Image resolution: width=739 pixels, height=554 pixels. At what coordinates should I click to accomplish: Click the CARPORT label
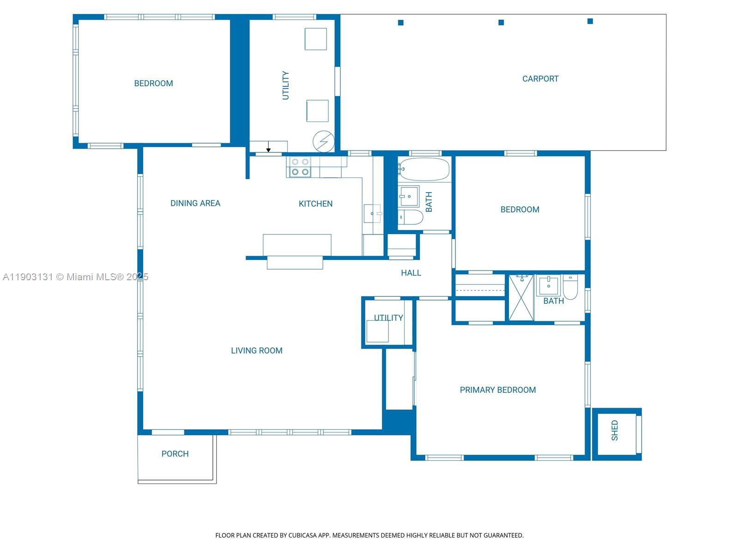click(x=540, y=79)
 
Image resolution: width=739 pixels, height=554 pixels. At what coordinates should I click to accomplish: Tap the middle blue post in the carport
click(x=501, y=22)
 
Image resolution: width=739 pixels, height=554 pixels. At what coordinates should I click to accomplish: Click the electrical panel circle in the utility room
click(x=323, y=141)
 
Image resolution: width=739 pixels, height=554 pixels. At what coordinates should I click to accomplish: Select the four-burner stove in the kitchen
click(x=300, y=167)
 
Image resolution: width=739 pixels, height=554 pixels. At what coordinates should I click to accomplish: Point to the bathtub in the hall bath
click(x=424, y=169)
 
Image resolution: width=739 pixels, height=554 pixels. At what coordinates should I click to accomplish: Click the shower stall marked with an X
click(x=521, y=298)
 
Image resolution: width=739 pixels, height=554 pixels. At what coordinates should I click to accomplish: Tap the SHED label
click(x=615, y=430)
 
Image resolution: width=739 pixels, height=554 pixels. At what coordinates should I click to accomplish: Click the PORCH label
click(x=175, y=454)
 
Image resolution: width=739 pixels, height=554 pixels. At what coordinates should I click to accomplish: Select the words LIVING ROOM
click(x=257, y=351)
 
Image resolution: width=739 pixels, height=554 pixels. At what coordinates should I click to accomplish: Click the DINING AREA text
click(x=195, y=204)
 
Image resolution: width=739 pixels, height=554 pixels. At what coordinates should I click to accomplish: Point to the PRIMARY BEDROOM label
click(x=498, y=390)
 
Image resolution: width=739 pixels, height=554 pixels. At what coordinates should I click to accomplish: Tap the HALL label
click(x=411, y=273)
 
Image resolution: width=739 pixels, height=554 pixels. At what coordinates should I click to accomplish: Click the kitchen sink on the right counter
click(x=372, y=214)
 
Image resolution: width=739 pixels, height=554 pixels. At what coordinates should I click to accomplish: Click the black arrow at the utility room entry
click(x=268, y=149)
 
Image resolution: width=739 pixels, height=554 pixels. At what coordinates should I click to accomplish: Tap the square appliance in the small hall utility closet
click(x=377, y=331)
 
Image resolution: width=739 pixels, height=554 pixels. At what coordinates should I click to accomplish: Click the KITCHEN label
click(x=315, y=204)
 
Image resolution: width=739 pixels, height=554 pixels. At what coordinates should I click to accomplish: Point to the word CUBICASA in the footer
click(x=303, y=536)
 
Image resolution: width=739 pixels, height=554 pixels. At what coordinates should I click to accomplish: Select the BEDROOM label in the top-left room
click(x=153, y=84)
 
